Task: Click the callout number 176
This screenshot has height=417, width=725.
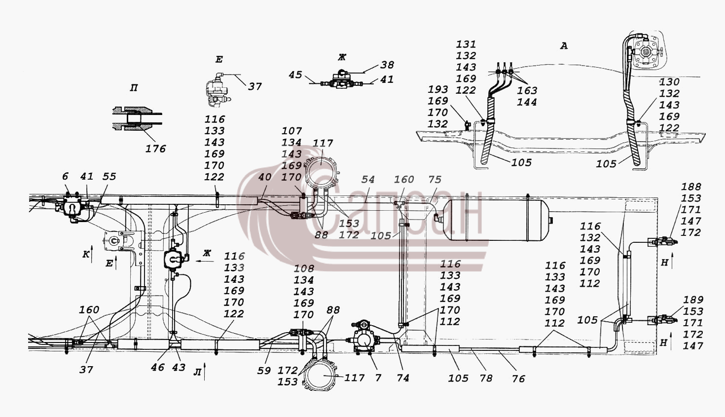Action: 155,149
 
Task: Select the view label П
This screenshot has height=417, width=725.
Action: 133,88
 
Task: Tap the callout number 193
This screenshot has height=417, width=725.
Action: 438,89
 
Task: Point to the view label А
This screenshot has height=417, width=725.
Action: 564,46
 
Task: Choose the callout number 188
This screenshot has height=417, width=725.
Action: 691,187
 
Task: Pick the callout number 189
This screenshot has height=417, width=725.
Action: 693,300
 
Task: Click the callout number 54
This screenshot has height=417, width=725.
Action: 368,179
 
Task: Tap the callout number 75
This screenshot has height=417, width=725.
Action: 435,179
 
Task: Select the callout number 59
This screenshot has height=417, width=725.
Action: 264,371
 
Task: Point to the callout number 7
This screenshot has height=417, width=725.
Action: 378,378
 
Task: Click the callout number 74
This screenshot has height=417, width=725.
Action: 402,378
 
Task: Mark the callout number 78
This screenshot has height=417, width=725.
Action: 486,378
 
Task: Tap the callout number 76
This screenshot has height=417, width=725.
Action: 518,379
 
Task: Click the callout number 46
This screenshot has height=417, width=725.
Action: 158,367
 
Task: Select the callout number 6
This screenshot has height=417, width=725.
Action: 65,177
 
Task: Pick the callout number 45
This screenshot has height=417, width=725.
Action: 295,75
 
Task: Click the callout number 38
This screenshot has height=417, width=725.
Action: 387,65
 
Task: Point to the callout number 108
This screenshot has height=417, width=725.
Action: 304,268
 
